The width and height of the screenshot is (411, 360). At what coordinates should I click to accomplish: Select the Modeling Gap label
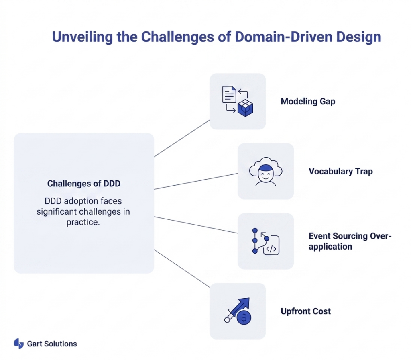308,101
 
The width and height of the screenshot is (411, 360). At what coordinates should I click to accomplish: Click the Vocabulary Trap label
341,172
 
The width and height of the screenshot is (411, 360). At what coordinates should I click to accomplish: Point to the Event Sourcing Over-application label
349,241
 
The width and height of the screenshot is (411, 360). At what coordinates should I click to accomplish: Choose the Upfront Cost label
306,311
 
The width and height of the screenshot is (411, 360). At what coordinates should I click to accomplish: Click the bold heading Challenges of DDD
84,184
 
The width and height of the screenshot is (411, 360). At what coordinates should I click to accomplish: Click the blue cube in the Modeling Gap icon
245,109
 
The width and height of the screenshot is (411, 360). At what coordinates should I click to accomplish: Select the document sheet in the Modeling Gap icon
230,95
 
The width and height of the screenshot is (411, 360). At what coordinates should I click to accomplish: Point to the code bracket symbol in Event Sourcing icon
271,248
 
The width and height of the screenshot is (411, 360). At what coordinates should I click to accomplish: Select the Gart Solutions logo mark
18,344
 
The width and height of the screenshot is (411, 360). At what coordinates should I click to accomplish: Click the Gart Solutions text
52,344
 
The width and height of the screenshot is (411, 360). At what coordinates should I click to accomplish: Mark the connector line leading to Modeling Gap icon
182,138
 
